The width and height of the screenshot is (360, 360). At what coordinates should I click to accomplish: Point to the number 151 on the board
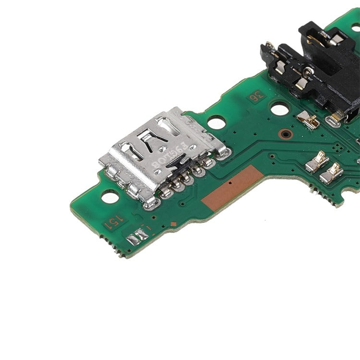[x=114, y=222]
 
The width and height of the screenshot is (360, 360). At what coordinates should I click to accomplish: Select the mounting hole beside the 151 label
[x=109, y=196]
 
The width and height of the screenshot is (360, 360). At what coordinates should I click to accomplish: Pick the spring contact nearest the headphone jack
[x=308, y=120]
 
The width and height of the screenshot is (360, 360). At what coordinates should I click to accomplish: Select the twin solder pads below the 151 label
[x=138, y=235]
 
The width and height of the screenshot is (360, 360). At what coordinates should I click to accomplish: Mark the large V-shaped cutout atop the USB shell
[x=153, y=140]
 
